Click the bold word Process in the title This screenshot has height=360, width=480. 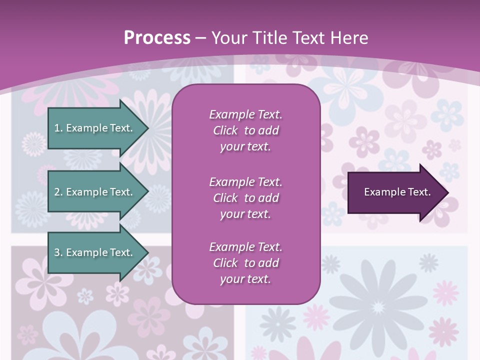pos(157,38)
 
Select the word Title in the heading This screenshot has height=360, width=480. pos(268,38)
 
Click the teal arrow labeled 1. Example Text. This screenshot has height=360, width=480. pos(95,128)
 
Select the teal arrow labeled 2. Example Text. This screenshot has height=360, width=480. pos(95,192)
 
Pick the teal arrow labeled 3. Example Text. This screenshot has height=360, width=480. pos(95,253)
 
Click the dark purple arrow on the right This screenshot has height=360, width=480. pos(395,192)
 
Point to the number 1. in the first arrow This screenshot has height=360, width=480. pos(58,128)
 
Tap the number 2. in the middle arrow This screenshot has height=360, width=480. pos(58,192)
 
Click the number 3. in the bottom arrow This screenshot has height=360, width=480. pos(58,253)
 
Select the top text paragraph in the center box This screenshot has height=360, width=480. pos(245,130)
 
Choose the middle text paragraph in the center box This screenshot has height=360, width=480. pos(245,198)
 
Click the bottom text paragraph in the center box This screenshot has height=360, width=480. pos(245,263)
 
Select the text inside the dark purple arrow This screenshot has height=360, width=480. pos(397,192)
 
